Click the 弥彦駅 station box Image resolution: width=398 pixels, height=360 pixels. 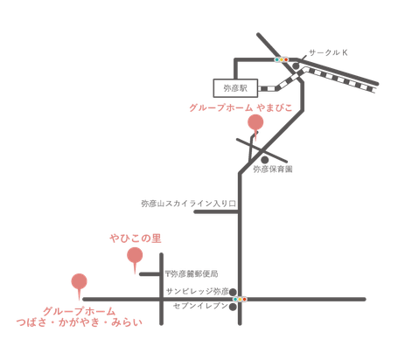click(x=235, y=88)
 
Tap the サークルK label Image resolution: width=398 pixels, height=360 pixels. click(x=328, y=52)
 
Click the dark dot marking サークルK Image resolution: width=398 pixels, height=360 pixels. click(x=296, y=66)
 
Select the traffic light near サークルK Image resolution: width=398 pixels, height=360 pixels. click(x=282, y=59)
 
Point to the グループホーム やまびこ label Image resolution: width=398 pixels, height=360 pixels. click(x=241, y=107)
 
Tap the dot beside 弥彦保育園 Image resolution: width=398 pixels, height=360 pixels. click(x=264, y=160)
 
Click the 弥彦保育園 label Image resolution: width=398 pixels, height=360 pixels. click(x=273, y=170)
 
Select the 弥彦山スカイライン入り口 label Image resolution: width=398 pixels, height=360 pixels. click(x=189, y=204)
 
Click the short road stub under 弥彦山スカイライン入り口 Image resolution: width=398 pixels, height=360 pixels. click(x=217, y=211)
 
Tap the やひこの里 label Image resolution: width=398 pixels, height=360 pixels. click(x=136, y=239)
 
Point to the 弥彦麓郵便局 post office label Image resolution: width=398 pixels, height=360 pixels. click(x=192, y=274)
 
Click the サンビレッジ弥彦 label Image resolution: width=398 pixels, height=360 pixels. click(x=198, y=291)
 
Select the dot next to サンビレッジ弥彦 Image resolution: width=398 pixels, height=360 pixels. click(x=233, y=292)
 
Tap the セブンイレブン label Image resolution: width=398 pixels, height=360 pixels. click(x=200, y=306)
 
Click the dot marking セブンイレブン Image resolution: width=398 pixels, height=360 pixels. click(x=233, y=307)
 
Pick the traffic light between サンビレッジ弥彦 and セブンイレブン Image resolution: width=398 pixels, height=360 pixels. click(x=240, y=299)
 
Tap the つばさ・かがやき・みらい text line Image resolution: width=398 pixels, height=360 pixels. click(x=80, y=322)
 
